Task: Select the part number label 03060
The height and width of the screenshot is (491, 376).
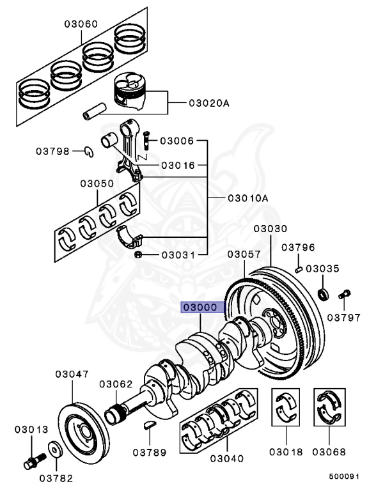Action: point(81,24)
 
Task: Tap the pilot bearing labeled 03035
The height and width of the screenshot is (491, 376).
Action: point(324,294)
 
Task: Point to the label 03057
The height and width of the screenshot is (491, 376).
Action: point(244,254)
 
